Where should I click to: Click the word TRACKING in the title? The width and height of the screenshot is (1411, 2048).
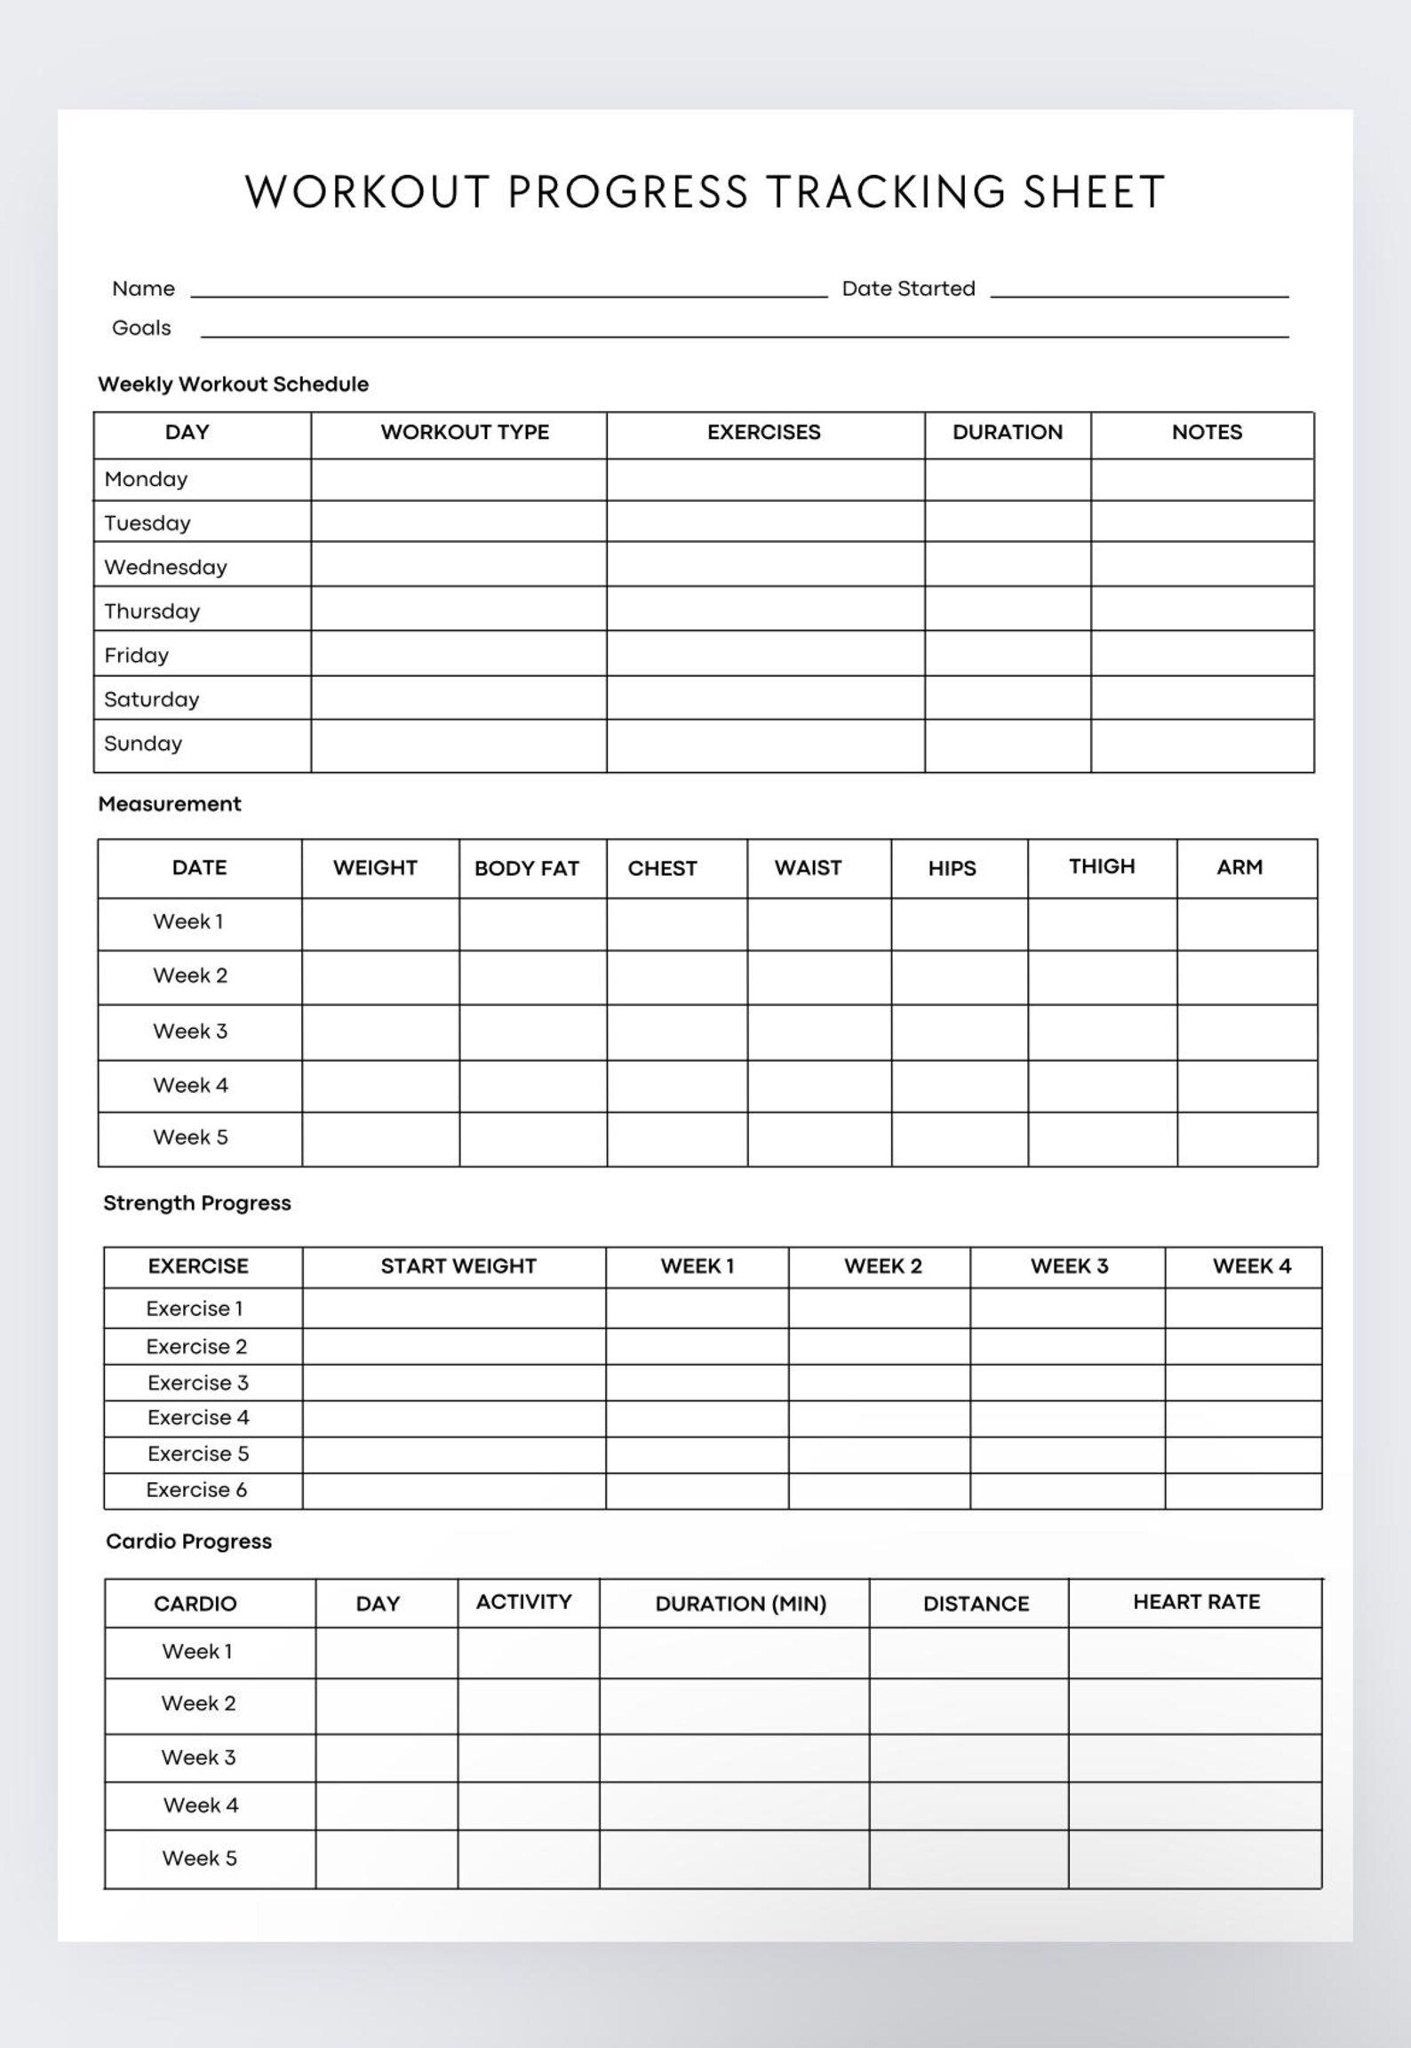click(885, 192)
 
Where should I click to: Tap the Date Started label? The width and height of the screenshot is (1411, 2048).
click(908, 289)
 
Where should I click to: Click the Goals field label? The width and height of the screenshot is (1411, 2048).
click(141, 328)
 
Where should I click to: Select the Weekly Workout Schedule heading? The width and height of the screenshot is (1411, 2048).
click(233, 384)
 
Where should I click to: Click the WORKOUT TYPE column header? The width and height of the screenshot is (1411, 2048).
click(465, 432)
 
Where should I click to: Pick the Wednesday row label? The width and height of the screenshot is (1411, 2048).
click(165, 567)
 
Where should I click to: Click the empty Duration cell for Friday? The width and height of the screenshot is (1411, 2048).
click(1007, 654)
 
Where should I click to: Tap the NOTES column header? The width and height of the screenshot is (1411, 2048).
click(1206, 432)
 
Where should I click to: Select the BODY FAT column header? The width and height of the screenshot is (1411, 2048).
click(526, 868)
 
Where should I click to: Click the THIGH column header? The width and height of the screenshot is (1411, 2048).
click(1101, 866)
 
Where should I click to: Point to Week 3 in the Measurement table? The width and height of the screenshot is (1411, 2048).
click(190, 1031)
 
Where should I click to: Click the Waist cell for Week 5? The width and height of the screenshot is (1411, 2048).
click(818, 1138)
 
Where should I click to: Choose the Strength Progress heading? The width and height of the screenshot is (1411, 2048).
click(197, 1203)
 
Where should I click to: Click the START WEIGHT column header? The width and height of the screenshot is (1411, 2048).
click(458, 1266)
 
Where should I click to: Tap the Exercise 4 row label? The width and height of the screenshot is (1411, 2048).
click(198, 1417)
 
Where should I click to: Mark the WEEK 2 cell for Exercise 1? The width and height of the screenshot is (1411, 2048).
click(879, 1308)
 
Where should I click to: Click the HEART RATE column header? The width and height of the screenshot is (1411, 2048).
click(1196, 1602)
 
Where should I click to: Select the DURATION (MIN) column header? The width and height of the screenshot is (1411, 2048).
click(740, 1604)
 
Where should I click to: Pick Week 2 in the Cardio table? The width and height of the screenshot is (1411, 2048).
click(198, 1703)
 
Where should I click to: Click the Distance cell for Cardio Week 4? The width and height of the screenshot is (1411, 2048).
click(969, 1805)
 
